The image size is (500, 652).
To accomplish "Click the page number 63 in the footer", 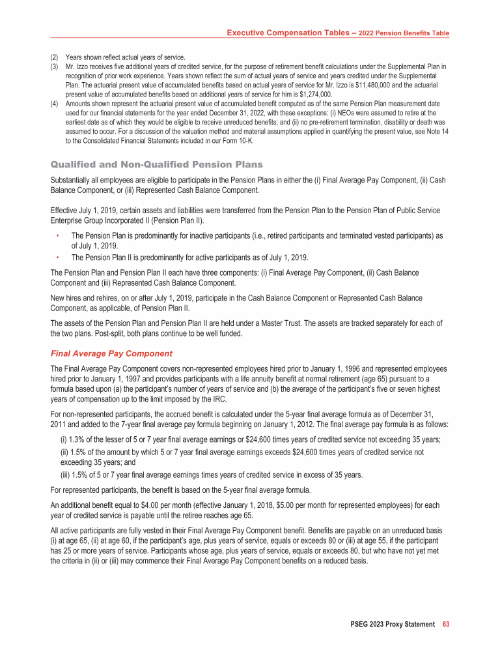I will [446, 624].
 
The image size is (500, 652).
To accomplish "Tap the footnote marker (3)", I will [55, 67].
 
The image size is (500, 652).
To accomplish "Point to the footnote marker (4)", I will [55, 103].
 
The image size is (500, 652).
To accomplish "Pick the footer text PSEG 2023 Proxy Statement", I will [392, 624].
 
